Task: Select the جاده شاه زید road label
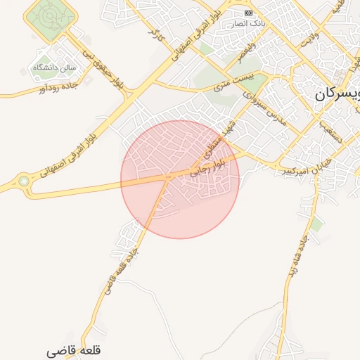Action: (294, 260)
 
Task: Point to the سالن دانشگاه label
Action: (54, 67)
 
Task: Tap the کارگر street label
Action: (155, 32)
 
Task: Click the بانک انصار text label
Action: (248, 23)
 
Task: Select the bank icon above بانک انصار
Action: (248, 13)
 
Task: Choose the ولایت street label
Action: (310, 39)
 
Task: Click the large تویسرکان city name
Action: (337, 93)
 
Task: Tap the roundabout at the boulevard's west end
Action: (24, 181)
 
